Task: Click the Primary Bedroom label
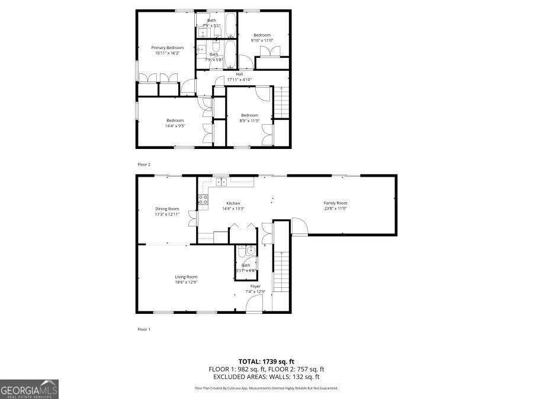167,47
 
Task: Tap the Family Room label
335,203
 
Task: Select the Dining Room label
167,209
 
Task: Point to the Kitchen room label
232,203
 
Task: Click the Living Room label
186,277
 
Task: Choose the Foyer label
255,286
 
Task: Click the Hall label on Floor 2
239,74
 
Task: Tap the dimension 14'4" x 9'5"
175,125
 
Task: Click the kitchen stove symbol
203,199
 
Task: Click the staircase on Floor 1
281,272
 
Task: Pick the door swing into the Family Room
298,226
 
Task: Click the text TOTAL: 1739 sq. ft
266,361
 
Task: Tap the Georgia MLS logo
29,390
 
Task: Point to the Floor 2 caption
144,164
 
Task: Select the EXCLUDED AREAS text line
266,377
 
